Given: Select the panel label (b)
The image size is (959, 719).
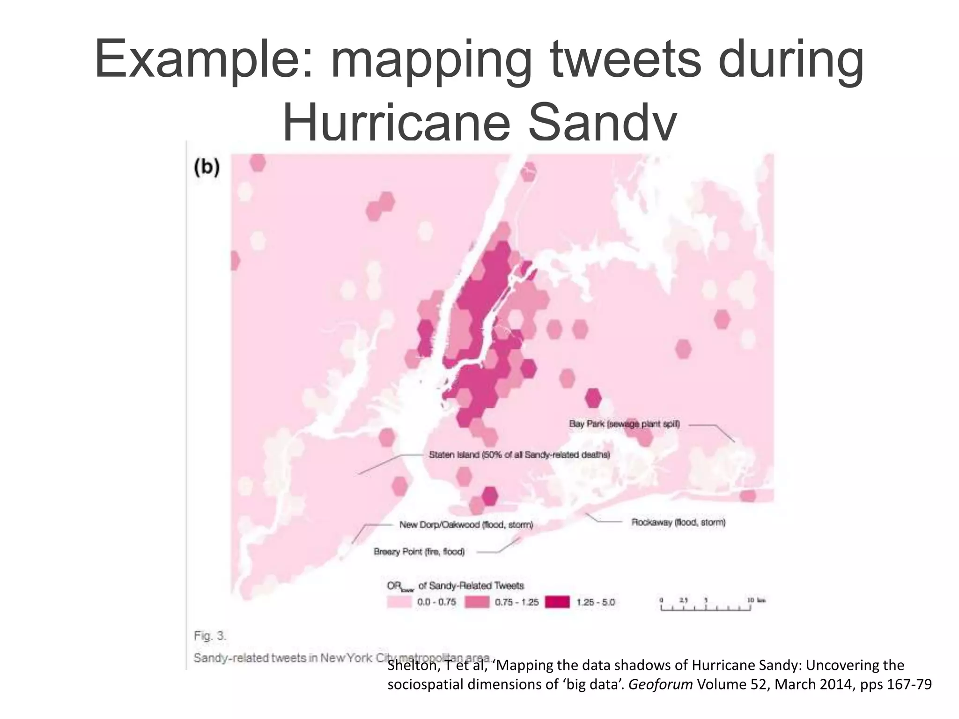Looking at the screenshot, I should pyautogui.click(x=207, y=167).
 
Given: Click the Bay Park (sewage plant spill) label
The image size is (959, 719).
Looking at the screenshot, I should pyautogui.click(x=624, y=424).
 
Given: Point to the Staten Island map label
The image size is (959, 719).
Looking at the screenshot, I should pyautogui.click(x=519, y=455).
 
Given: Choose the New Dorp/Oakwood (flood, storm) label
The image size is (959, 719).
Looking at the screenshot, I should pyautogui.click(x=466, y=525).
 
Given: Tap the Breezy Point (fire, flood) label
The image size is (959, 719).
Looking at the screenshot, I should pyautogui.click(x=419, y=552).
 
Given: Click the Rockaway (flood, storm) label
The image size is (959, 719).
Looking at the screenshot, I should pyautogui.click(x=678, y=522).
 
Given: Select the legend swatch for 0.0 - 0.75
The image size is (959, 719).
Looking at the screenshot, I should pyautogui.click(x=399, y=602).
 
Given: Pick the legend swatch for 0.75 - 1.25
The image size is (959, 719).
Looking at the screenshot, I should pyautogui.click(x=477, y=602).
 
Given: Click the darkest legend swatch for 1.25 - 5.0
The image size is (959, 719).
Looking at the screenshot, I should pyautogui.click(x=558, y=602).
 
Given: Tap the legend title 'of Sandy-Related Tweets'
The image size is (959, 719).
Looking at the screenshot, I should pyautogui.click(x=471, y=586).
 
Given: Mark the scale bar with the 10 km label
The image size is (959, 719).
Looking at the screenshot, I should pyautogui.click(x=706, y=608).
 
